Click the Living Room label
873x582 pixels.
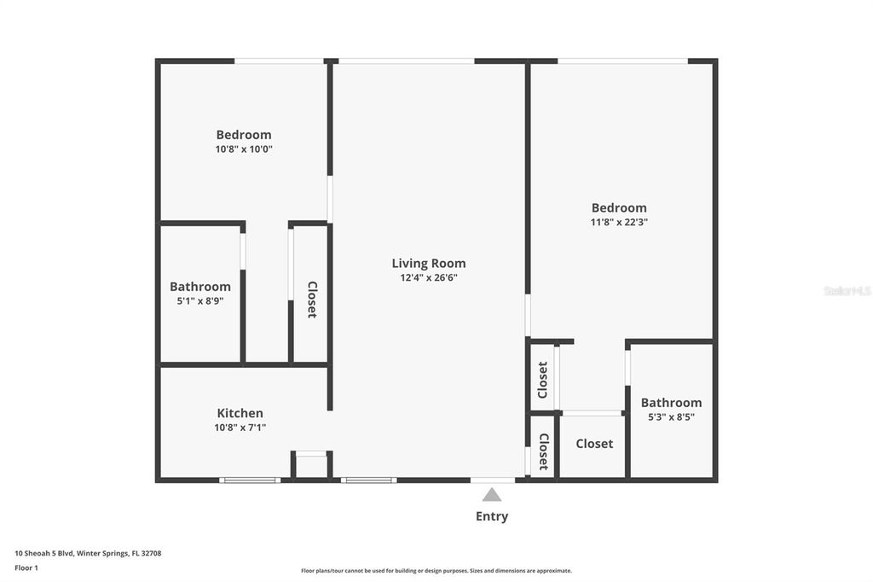pos(429,263)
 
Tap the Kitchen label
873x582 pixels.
pos(240,413)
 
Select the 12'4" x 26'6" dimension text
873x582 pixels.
pos(429,277)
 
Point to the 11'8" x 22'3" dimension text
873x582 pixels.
pos(619,222)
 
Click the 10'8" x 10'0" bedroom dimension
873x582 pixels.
pos(244,148)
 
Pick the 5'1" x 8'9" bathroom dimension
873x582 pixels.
pos(200,300)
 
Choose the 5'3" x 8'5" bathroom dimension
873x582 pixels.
pos(672,416)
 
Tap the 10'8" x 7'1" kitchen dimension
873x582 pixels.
pos(240,428)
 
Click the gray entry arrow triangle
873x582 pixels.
pos(492,494)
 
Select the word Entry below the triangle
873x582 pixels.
pos(492,516)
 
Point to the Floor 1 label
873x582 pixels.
pos(26,567)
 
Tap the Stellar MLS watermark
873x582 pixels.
pos(847,291)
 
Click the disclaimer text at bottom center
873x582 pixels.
pos(436,571)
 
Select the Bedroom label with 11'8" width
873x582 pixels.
pos(619,207)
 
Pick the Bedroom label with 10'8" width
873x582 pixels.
pos(244,134)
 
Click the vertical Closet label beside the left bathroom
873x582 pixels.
pos(312,300)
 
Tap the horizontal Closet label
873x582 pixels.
pos(594,444)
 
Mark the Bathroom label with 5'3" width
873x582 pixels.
pos(672,402)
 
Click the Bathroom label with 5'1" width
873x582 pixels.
pos(200,286)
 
